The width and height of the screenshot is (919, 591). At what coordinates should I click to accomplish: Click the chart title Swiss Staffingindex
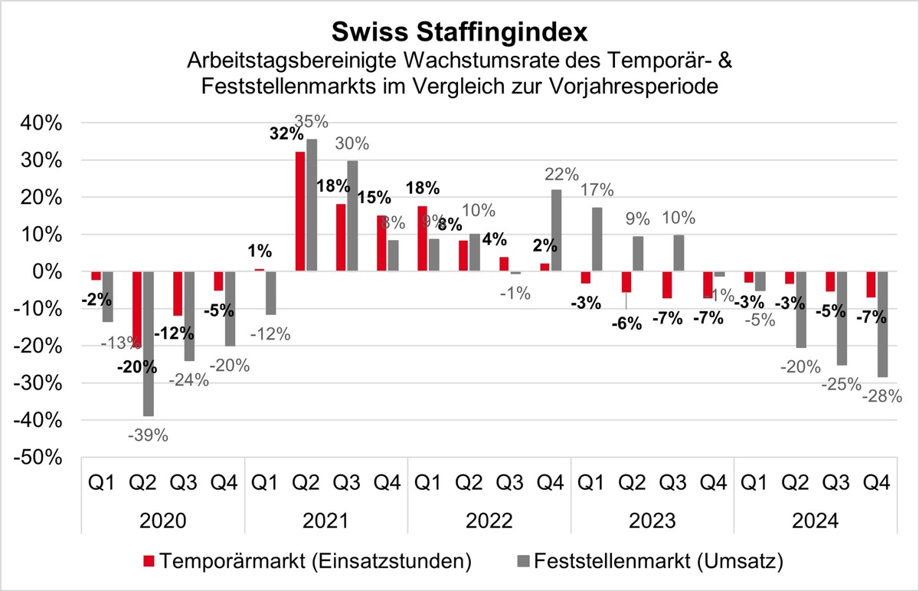click(459, 32)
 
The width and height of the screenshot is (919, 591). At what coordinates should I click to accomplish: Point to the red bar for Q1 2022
click(423, 238)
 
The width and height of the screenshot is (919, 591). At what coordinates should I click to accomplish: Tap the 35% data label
click(312, 122)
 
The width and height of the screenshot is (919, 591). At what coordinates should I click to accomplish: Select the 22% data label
click(557, 174)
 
